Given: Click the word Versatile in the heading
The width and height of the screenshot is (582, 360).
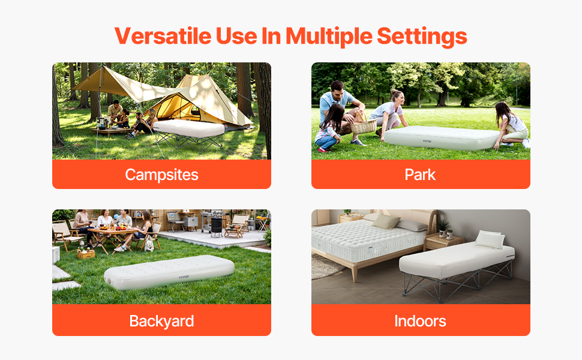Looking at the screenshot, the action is [163, 36].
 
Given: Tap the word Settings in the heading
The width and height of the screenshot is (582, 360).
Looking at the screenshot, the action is [422, 37].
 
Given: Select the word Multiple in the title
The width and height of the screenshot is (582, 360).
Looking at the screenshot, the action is [329, 37].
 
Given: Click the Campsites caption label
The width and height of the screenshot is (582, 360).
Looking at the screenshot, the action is [161, 175].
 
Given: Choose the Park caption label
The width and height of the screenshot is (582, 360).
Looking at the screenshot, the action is [420, 175].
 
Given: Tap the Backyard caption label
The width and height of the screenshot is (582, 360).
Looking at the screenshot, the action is [161, 321].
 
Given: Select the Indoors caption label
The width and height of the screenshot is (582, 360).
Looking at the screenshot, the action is [420, 321].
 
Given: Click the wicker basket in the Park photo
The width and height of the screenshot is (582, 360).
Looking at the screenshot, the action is [364, 124].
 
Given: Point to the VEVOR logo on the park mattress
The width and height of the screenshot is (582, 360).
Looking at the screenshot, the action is [427, 141].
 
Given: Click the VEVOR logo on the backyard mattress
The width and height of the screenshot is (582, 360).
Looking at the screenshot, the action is [184, 277].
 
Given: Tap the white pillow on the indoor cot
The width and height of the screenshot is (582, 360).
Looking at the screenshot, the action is [490, 239].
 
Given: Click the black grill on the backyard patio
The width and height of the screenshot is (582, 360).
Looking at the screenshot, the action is [216, 225].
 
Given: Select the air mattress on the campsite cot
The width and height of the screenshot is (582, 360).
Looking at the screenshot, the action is [188, 128].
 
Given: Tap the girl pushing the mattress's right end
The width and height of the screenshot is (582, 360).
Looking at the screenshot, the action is [512, 125].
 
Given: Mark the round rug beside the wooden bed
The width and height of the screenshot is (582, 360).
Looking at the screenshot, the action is [323, 266].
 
